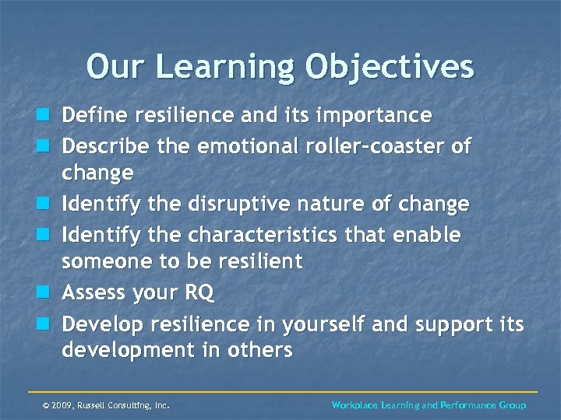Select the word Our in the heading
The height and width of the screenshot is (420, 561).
tap(113, 67)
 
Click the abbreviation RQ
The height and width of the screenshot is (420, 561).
tap(200, 293)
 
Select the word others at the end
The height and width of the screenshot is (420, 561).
tap(261, 351)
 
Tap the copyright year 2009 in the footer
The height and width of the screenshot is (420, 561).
tap(61, 405)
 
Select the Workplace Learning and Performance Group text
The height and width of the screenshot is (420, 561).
tap(429, 405)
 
